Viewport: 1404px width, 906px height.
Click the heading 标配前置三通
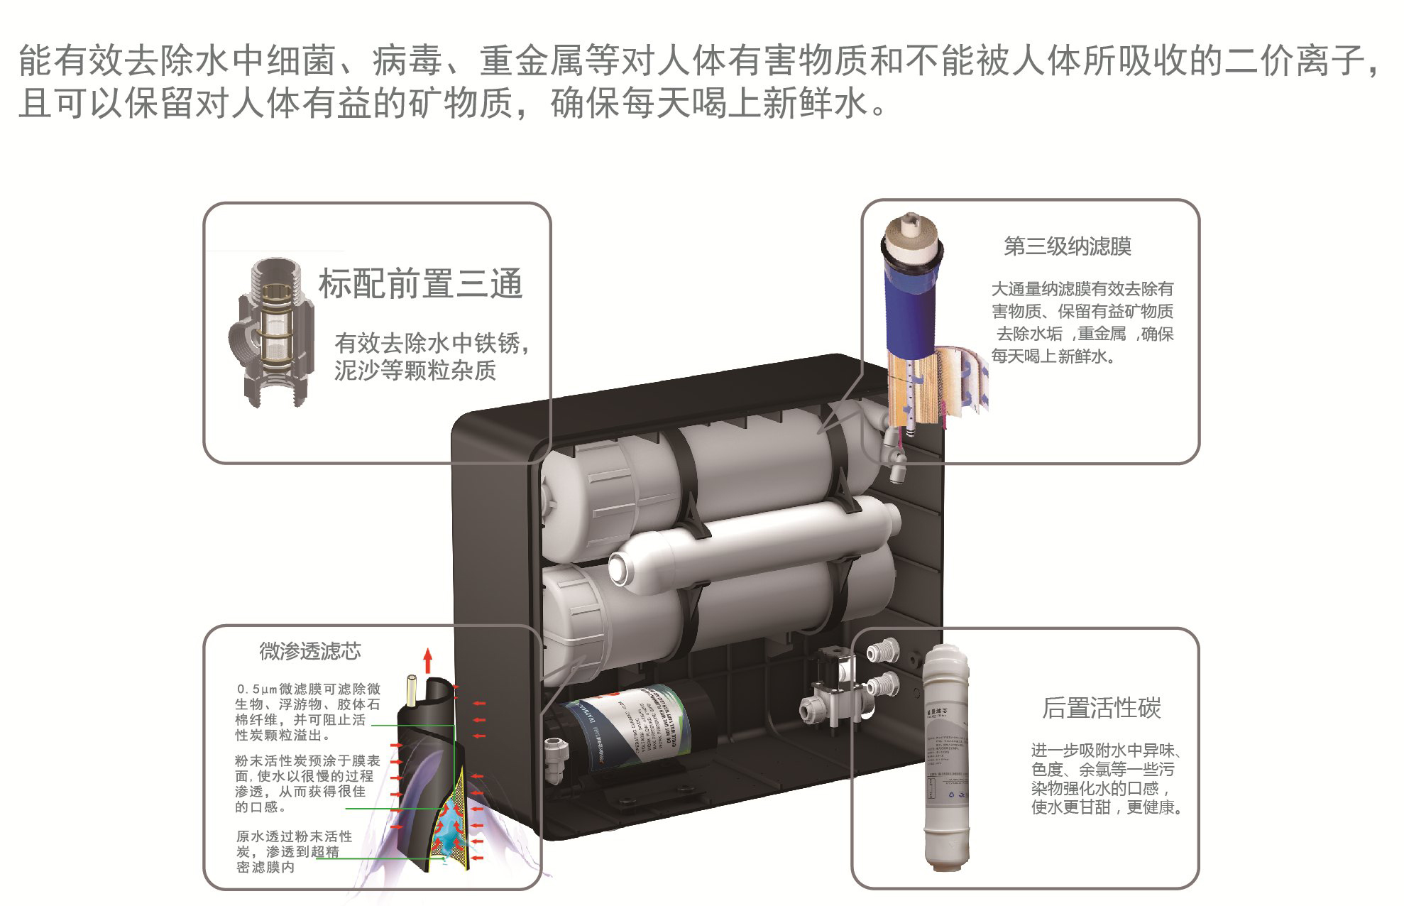click(x=420, y=284)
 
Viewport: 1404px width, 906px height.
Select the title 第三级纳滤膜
click(x=1067, y=246)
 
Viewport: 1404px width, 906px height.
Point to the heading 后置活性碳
click(x=1101, y=708)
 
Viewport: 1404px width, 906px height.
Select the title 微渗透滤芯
click(x=310, y=651)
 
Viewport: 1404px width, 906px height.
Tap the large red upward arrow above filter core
click(x=427, y=661)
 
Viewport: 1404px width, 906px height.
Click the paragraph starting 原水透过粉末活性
click(x=294, y=852)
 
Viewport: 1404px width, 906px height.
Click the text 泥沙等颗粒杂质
click(x=415, y=371)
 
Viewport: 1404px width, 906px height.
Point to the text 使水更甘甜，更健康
click(x=1106, y=807)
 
